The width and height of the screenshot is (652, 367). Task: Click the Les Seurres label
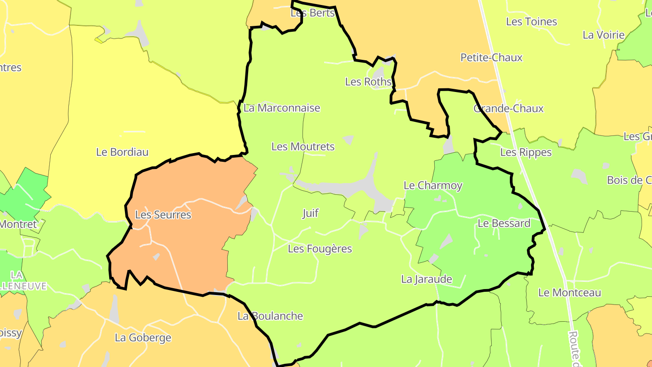click(163, 215)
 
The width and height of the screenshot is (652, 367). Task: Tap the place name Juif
click(311, 213)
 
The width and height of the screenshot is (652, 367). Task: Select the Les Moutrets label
click(303, 147)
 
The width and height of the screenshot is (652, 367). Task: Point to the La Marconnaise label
click(282, 108)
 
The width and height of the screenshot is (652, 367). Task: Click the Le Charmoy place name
click(433, 185)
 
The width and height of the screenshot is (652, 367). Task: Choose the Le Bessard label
click(504, 223)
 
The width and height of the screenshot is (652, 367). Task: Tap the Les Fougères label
click(320, 249)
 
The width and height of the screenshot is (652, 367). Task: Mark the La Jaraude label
click(427, 279)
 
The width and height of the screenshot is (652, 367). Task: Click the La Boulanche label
click(270, 316)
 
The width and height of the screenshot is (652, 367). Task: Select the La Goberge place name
click(143, 338)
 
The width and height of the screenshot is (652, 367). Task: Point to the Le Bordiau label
click(122, 152)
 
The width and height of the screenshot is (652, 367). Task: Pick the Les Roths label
click(368, 82)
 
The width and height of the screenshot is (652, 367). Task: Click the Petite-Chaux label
click(491, 58)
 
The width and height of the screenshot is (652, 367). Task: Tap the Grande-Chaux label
click(508, 109)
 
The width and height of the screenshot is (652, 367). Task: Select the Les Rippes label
click(526, 153)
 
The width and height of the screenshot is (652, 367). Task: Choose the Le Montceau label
click(570, 293)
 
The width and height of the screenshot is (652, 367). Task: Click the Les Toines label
click(531, 22)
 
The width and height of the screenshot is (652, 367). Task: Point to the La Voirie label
click(604, 35)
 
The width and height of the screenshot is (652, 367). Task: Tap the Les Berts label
click(312, 13)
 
